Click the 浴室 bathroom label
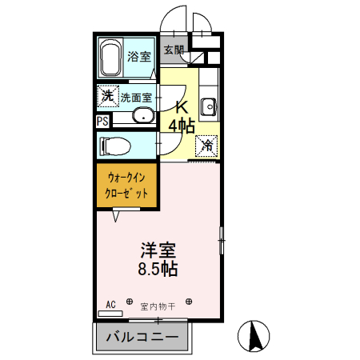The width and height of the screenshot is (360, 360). point(139,57)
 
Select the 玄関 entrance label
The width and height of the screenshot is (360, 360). point(174,50)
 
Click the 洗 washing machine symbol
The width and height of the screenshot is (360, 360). point(107,96)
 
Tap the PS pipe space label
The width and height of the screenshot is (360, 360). point(103,121)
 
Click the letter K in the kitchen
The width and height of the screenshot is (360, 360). point(182,107)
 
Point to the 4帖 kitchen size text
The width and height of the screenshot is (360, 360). point(182,125)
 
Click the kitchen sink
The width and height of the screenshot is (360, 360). point(210,106)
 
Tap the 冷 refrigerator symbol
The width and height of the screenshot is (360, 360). point(207,145)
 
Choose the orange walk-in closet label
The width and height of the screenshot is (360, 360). point(127,186)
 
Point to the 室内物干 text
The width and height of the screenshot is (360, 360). point(158,305)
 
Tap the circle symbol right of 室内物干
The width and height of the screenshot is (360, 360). point(189,303)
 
